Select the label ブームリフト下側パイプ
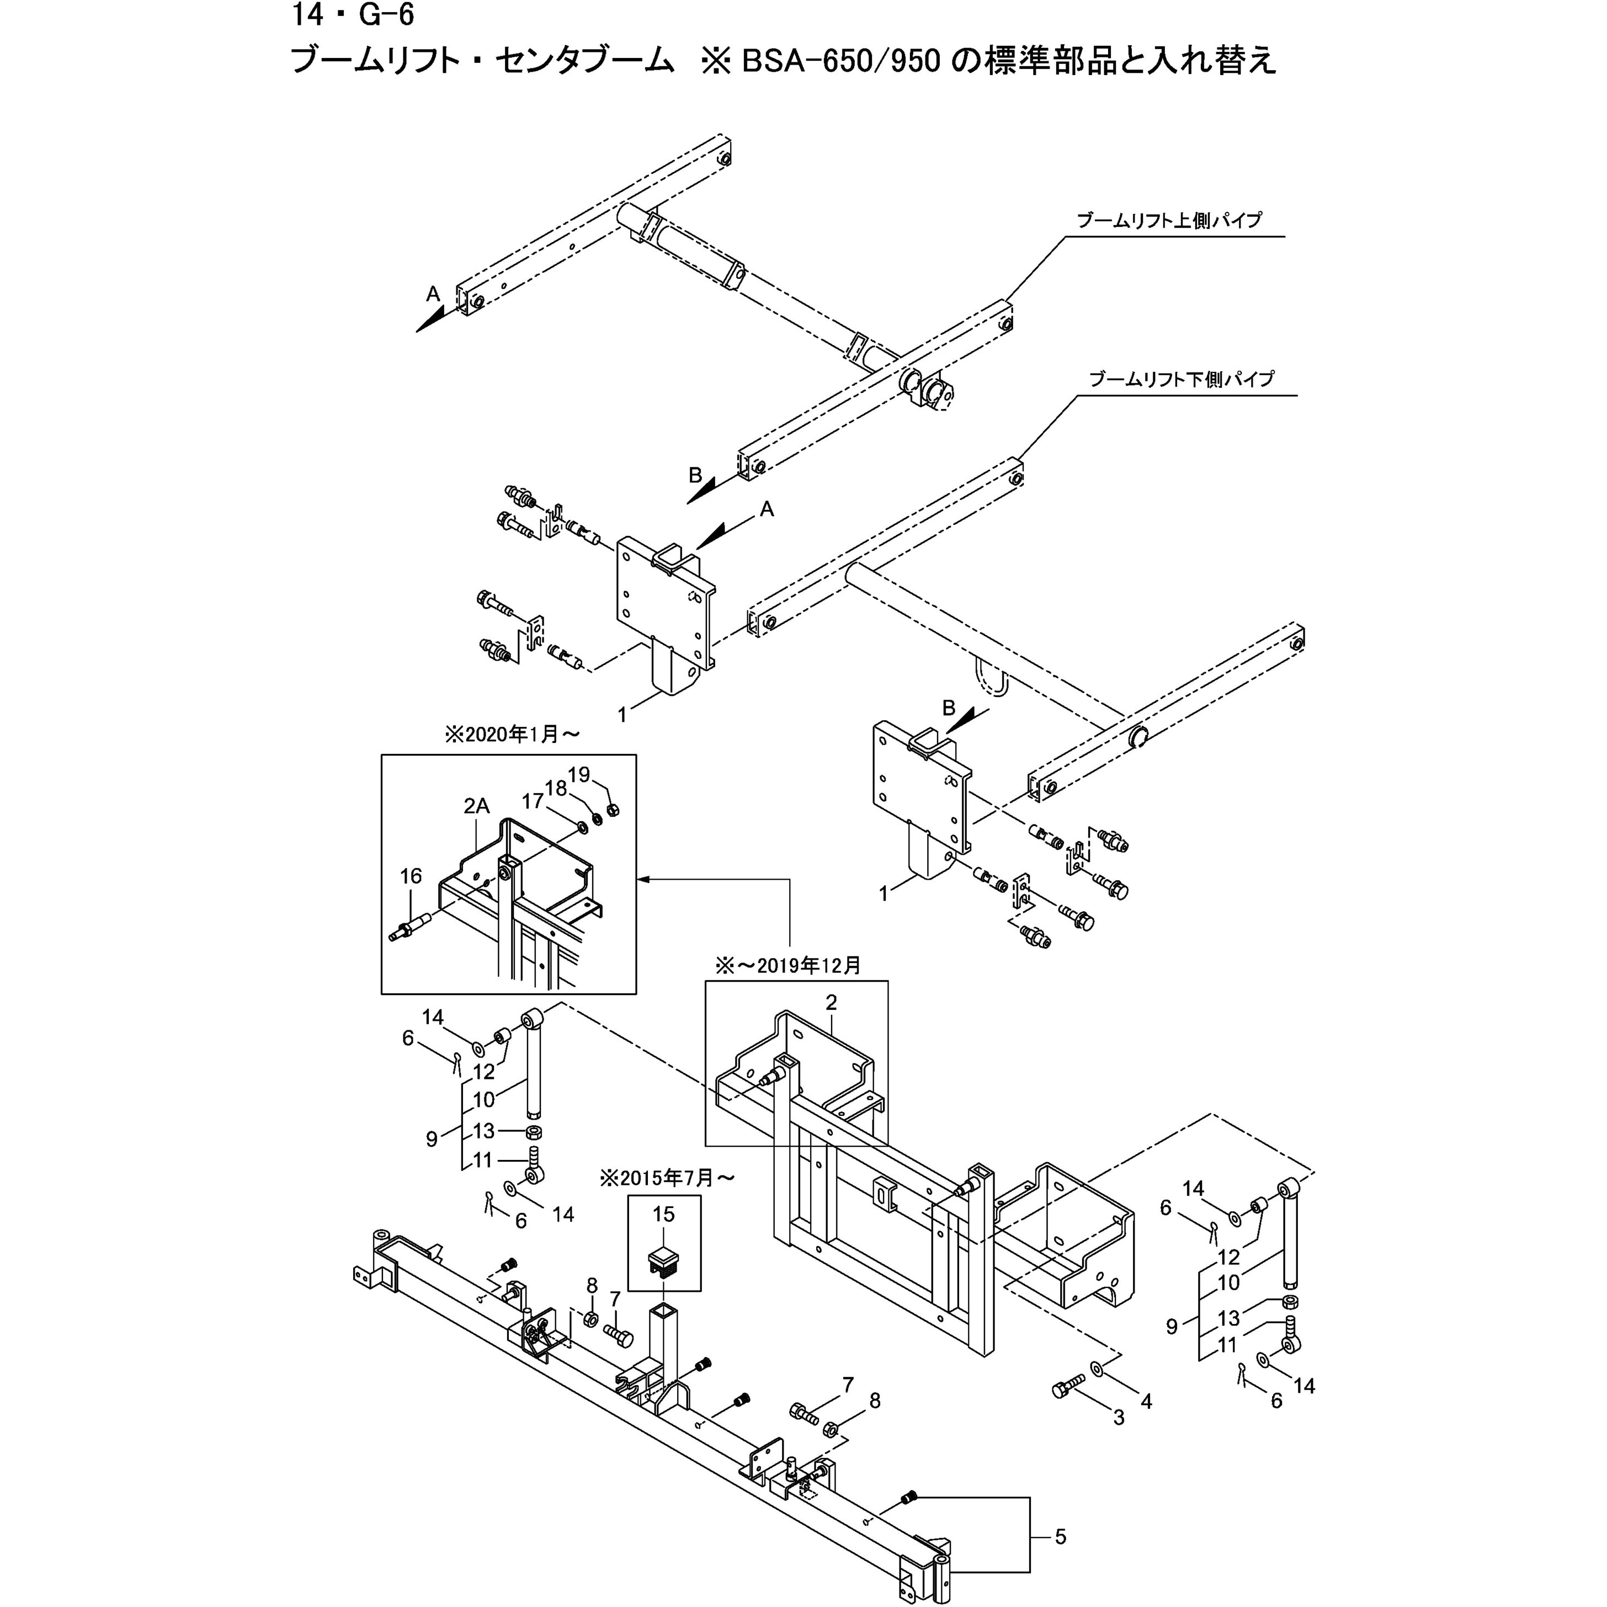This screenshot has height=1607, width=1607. (x=1181, y=379)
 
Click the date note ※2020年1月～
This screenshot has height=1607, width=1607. (x=512, y=735)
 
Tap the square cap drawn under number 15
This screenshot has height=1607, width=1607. (x=664, y=1258)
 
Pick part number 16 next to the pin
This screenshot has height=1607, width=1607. (x=411, y=876)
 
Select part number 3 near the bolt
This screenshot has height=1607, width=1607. (x=1119, y=1418)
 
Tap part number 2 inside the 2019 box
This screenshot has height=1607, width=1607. (x=830, y=1002)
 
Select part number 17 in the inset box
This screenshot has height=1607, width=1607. (x=533, y=801)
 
